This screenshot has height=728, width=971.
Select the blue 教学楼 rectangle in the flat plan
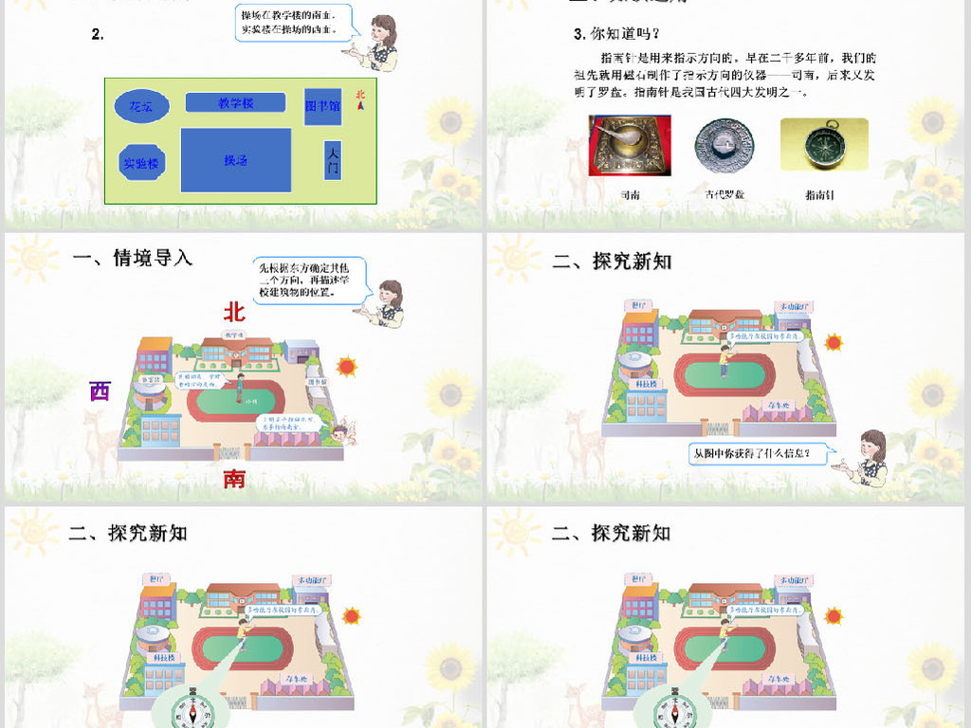[x=235, y=102]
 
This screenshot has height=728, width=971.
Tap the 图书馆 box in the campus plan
[x=322, y=107]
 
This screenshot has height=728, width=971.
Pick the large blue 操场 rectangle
[x=235, y=160]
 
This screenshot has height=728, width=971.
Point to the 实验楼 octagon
[x=142, y=163]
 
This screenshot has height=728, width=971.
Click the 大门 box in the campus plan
[x=332, y=163]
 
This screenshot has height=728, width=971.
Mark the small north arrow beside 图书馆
[x=360, y=100]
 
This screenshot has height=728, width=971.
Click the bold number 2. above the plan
[x=97, y=34]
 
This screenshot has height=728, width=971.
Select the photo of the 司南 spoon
[x=629, y=145]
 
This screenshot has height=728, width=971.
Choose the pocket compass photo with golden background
[x=823, y=144]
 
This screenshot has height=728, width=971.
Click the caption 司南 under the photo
[x=630, y=194]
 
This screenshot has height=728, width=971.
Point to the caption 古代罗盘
[x=726, y=194]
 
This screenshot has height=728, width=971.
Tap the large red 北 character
[x=234, y=312]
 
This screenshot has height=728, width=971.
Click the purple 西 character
[x=100, y=390]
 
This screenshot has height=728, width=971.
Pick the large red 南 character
[x=234, y=479]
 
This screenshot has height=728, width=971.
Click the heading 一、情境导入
[x=133, y=258]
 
